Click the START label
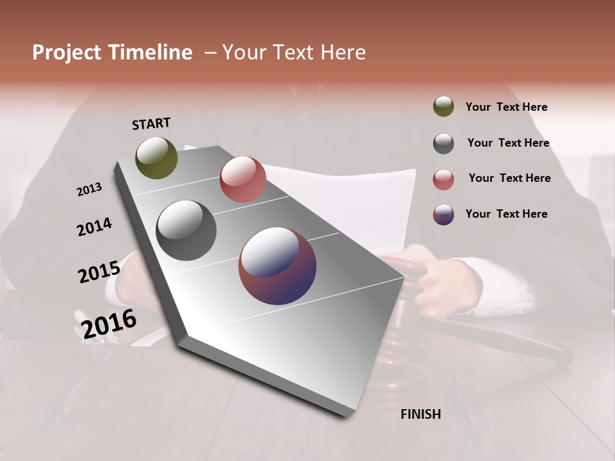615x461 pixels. (x=151, y=124)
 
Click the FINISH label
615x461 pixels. (x=420, y=414)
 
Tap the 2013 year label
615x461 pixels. (x=89, y=190)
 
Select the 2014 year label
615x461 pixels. (x=94, y=227)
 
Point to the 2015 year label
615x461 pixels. (x=99, y=272)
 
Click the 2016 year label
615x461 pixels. (x=109, y=323)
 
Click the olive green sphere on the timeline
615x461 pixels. (x=156, y=158)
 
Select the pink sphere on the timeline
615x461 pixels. (x=243, y=179)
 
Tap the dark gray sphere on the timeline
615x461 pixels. (x=186, y=230)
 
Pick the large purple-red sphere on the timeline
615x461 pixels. (x=277, y=266)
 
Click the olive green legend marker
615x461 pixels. (x=443, y=106)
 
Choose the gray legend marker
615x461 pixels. (x=443, y=143)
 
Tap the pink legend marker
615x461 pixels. (x=443, y=179)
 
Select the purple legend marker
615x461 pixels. (x=443, y=214)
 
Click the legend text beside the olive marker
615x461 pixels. (x=506, y=108)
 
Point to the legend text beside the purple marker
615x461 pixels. (x=506, y=214)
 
